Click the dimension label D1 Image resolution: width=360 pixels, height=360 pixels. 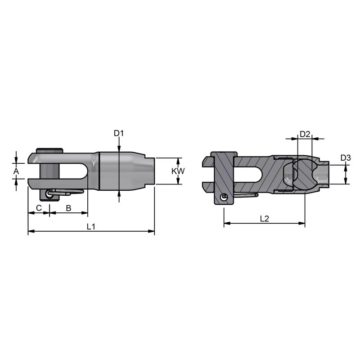coord(119,133)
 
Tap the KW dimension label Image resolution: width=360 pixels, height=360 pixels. coord(178,171)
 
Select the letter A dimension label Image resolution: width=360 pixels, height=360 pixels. coord(16,171)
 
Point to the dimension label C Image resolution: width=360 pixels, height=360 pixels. coord(39,208)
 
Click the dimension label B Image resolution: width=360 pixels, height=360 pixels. coord(68,208)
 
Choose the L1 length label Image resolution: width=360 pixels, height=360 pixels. coord(91,227)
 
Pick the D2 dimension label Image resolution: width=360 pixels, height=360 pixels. coord(305,134)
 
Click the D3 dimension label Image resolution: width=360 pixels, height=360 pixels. coord(346,158)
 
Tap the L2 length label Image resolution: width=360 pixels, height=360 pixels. coord(265,219)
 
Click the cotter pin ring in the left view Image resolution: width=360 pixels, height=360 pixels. coord(49,194)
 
